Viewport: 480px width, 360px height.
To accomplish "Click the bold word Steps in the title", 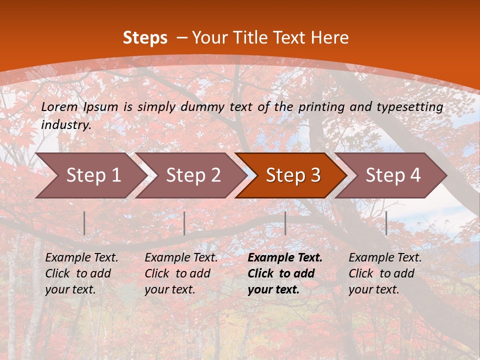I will (145, 38).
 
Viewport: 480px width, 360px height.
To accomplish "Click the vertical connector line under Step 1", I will (84, 223).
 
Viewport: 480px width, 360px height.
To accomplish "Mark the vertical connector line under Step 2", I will (184, 223).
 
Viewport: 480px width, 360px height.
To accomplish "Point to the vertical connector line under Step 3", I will (285, 223).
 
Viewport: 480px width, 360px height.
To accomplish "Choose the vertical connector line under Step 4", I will (386, 223).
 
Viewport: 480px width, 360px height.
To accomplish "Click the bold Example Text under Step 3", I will (285, 258).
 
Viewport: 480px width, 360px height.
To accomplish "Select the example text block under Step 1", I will (81, 273).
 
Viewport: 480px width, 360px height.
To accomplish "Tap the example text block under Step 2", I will (181, 273).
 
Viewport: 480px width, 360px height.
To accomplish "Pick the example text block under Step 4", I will (385, 273).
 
